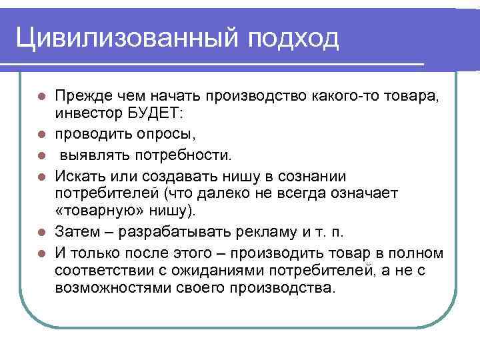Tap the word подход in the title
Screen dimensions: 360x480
point(293,38)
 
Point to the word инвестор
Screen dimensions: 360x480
point(85,115)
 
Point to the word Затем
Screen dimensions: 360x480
point(76,233)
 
